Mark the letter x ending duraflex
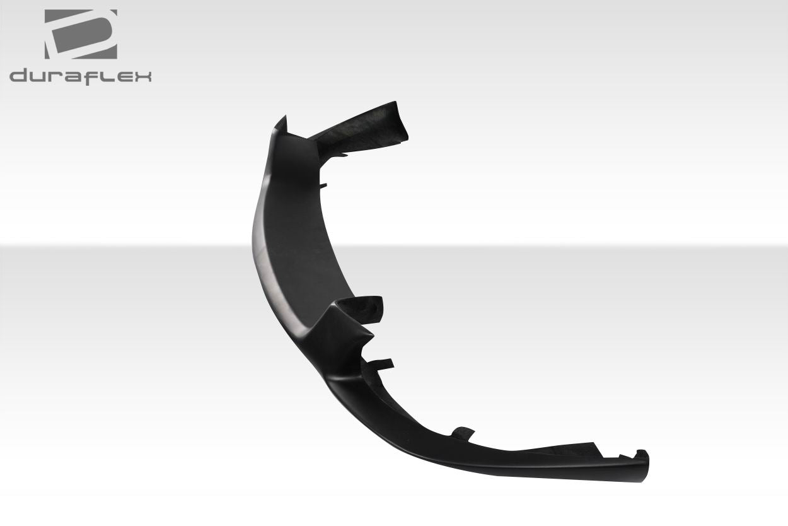point(142,78)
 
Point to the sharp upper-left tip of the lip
point(282,119)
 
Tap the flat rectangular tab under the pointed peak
point(380,363)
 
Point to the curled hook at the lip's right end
point(642,457)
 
